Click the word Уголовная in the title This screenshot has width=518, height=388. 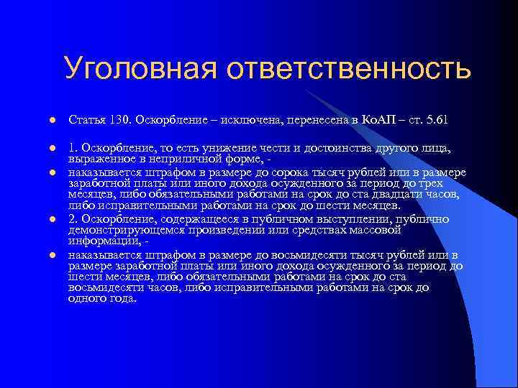tap(139, 70)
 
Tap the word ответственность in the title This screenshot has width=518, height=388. tap(348, 70)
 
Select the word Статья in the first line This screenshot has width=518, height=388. tap(87, 118)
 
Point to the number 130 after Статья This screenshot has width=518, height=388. tap(120, 118)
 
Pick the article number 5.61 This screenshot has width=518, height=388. tap(435, 118)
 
